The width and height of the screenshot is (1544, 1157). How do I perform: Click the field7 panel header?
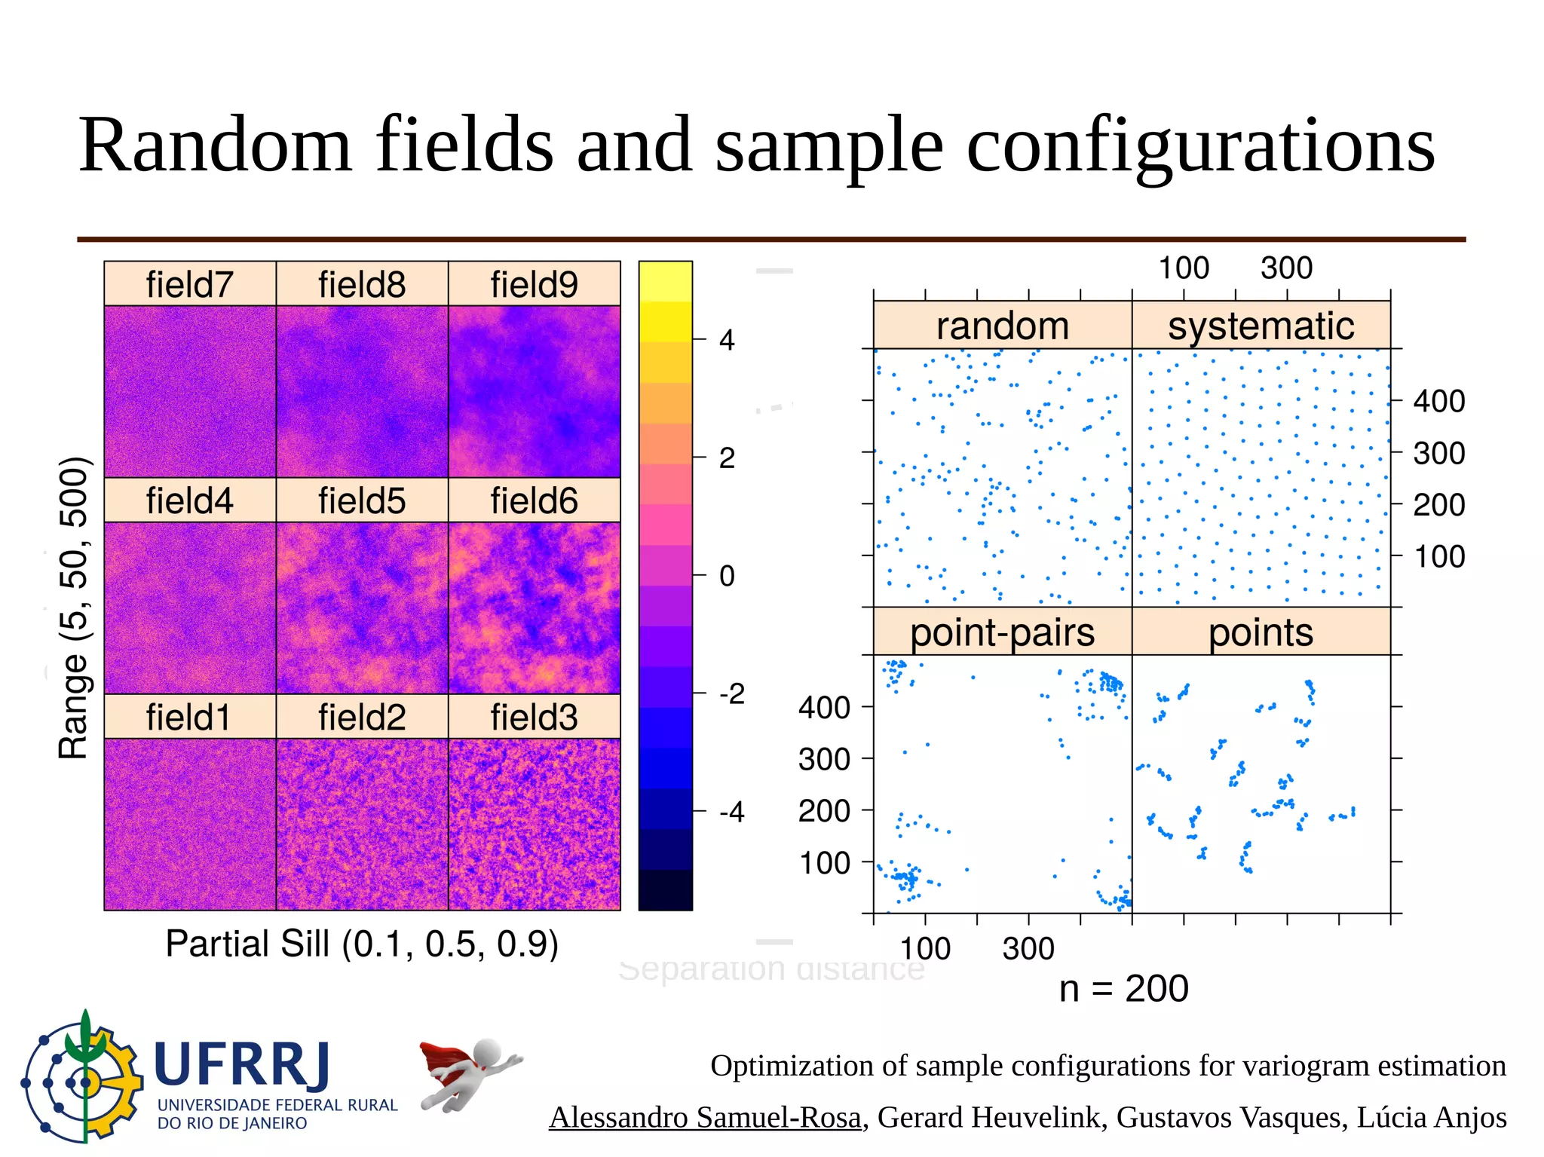point(189,284)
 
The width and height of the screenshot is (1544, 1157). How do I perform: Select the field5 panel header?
point(362,500)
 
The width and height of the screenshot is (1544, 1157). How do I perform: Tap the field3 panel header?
point(534,717)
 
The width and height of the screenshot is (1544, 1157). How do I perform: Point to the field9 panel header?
point(534,284)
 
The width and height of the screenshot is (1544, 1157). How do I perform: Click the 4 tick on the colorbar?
point(726,341)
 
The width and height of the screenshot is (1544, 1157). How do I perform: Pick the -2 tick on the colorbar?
point(731,693)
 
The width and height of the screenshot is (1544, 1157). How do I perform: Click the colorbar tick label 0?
point(726,577)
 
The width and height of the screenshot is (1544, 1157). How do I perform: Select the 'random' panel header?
point(1002,326)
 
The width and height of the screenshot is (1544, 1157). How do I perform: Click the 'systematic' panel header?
point(1261,326)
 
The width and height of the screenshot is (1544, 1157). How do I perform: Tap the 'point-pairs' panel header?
point(1002,632)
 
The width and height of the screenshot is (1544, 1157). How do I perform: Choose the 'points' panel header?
point(1261,632)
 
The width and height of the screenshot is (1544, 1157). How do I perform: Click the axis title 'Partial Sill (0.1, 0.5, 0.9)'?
point(362,944)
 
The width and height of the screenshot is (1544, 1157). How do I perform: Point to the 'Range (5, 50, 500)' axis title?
point(74,608)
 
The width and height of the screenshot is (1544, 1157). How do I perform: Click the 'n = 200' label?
point(1123,988)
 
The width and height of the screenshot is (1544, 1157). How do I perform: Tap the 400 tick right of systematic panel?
point(1438,401)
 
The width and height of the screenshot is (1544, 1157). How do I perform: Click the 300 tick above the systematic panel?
point(1286,268)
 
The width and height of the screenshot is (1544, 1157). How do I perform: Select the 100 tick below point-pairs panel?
point(925,948)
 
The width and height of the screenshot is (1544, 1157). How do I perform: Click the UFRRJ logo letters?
point(243,1066)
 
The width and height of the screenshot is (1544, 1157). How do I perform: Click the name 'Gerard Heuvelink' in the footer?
point(988,1117)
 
